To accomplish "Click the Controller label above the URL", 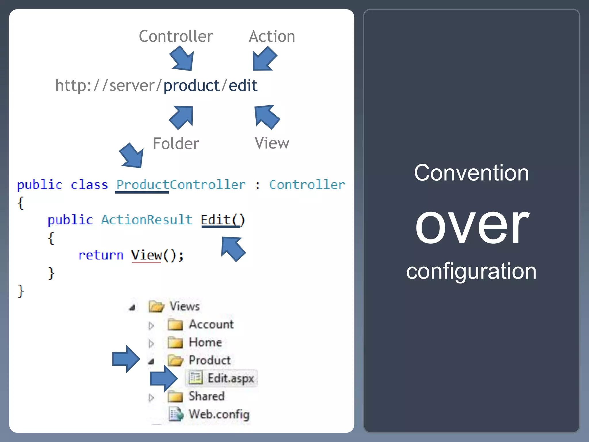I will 176,36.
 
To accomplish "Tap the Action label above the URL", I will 272,36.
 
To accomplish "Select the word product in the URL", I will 192,85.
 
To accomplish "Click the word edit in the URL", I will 243,85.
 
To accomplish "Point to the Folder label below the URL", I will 176,143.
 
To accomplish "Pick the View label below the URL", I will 272,143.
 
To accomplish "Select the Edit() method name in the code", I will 223,220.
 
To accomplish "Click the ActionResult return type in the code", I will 147,220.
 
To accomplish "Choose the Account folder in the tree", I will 211,325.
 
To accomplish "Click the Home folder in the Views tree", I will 205,342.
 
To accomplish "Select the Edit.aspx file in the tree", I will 230,378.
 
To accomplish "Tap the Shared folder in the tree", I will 206,396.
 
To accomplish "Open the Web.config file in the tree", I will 219,414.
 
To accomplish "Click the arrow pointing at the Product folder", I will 126,359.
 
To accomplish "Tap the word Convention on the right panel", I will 471,173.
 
